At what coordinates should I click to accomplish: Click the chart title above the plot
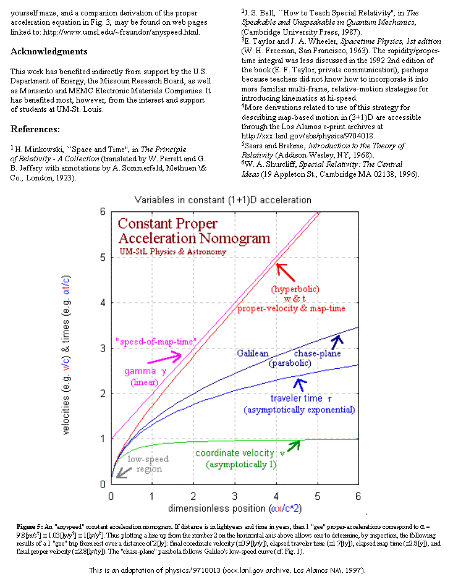tap(222, 200)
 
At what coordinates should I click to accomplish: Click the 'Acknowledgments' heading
tap(49, 52)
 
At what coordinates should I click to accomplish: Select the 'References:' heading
tap(35, 130)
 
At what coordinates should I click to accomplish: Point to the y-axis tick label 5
tap(103, 258)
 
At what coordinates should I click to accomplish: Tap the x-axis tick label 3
tap(235, 496)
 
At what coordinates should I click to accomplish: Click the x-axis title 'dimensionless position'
tap(217, 509)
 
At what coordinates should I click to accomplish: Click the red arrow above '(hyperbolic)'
tap(286, 272)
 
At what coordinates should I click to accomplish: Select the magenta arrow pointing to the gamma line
tap(164, 358)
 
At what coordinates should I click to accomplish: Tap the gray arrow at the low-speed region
tap(124, 473)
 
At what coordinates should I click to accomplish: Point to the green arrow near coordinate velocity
tap(294, 446)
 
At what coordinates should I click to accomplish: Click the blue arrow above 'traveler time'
tap(300, 385)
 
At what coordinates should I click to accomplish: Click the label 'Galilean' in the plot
tap(253, 353)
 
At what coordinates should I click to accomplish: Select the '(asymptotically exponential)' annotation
tap(300, 410)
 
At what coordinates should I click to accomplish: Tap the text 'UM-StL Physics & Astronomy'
tap(172, 251)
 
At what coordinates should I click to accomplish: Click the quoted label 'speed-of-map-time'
tap(156, 342)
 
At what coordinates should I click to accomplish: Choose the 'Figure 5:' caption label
tap(30, 526)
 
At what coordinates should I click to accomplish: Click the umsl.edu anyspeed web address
tap(121, 32)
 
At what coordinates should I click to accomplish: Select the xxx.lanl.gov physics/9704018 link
tap(308, 137)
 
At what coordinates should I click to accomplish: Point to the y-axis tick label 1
tap(103, 439)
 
